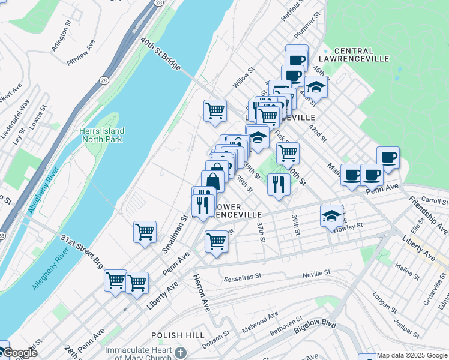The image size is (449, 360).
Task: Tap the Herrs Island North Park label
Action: (101, 135)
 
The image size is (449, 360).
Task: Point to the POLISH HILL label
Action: (174, 335)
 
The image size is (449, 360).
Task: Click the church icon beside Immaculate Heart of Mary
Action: (181, 350)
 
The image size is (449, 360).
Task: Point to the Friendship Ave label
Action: (427, 215)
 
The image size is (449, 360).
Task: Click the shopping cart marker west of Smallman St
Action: (145, 231)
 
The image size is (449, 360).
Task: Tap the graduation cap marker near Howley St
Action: (331, 215)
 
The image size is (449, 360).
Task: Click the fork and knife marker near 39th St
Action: (278, 183)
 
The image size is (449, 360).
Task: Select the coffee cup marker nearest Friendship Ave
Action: (388, 157)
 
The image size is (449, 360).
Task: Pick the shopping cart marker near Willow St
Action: (215, 110)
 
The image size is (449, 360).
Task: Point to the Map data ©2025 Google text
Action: (412, 355)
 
